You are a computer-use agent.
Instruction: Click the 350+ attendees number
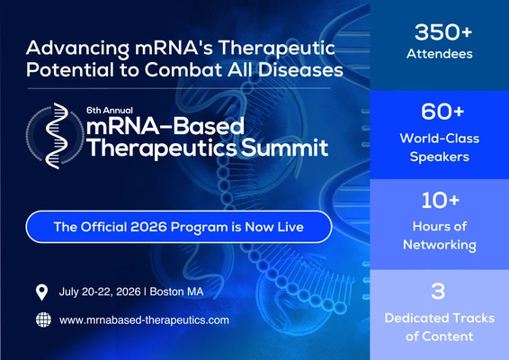[443, 32]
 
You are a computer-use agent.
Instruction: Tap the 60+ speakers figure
[442, 112]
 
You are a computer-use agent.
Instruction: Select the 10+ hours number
[441, 200]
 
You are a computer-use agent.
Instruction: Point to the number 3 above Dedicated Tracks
[438, 291]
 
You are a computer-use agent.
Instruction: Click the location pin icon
[41, 292]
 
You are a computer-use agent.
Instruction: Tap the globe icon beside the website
[43, 319]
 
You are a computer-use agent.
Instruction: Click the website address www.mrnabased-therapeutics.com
[144, 320]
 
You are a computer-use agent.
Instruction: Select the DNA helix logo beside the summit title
[56, 136]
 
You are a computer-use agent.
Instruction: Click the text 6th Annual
[110, 110]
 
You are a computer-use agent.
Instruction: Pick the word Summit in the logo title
[285, 148]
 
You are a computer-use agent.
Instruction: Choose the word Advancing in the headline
[77, 49]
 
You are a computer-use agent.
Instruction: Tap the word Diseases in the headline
[300, 70]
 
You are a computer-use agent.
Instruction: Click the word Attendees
[440, 54]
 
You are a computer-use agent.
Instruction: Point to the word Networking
[440, 245]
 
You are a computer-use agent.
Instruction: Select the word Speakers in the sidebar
[440, 157]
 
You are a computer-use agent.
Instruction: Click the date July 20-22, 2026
[100, 292]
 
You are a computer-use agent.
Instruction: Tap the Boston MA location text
[176, 292]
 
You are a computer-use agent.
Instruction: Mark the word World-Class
[440, 139]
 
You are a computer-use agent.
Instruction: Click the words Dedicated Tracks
[440, 318]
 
